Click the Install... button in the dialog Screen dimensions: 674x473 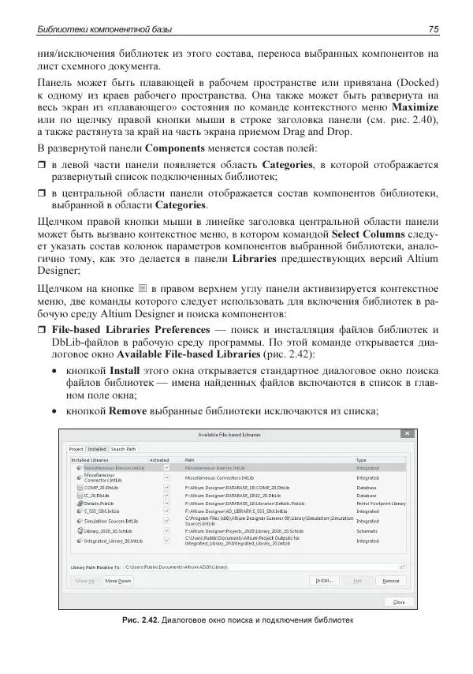(323, 580)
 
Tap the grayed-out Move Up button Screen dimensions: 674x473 (85, 580)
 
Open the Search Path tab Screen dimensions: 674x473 (123, 449)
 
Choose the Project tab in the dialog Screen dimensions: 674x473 (76, 449)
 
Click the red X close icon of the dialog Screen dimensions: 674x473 (406, 434)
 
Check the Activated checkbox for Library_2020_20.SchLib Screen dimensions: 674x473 (166, 531)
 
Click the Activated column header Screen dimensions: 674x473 (160, 459)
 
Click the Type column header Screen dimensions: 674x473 (362, 459)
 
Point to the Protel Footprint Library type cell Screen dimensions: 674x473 (381, 503)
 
